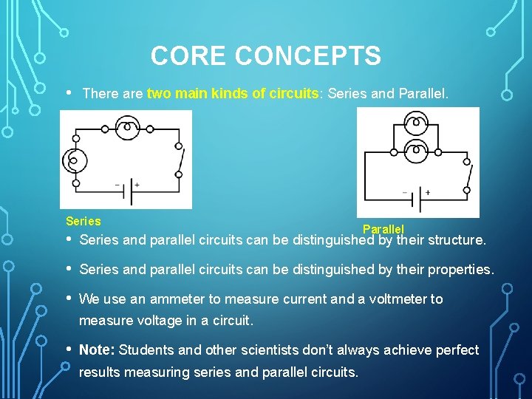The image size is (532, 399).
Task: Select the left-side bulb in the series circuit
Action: pyautogui.click(x=75, y=160)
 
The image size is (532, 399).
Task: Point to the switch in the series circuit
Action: pyautogui.click(x=180, y=160)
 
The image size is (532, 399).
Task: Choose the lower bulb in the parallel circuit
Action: pyautogui.click(x=417, y=151)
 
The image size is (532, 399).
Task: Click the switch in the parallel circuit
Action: pyautogui.click(x=468, y=176)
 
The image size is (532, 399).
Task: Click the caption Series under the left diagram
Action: pyautogui.click(x=83, y=221)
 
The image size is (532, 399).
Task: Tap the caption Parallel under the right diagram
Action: pyautogui.click(x=383, y=230)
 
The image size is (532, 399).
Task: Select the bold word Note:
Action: pyautogui.click(x=97, y=349)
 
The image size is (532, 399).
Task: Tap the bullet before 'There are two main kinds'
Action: pyautogui.click(x=69, y=93)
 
